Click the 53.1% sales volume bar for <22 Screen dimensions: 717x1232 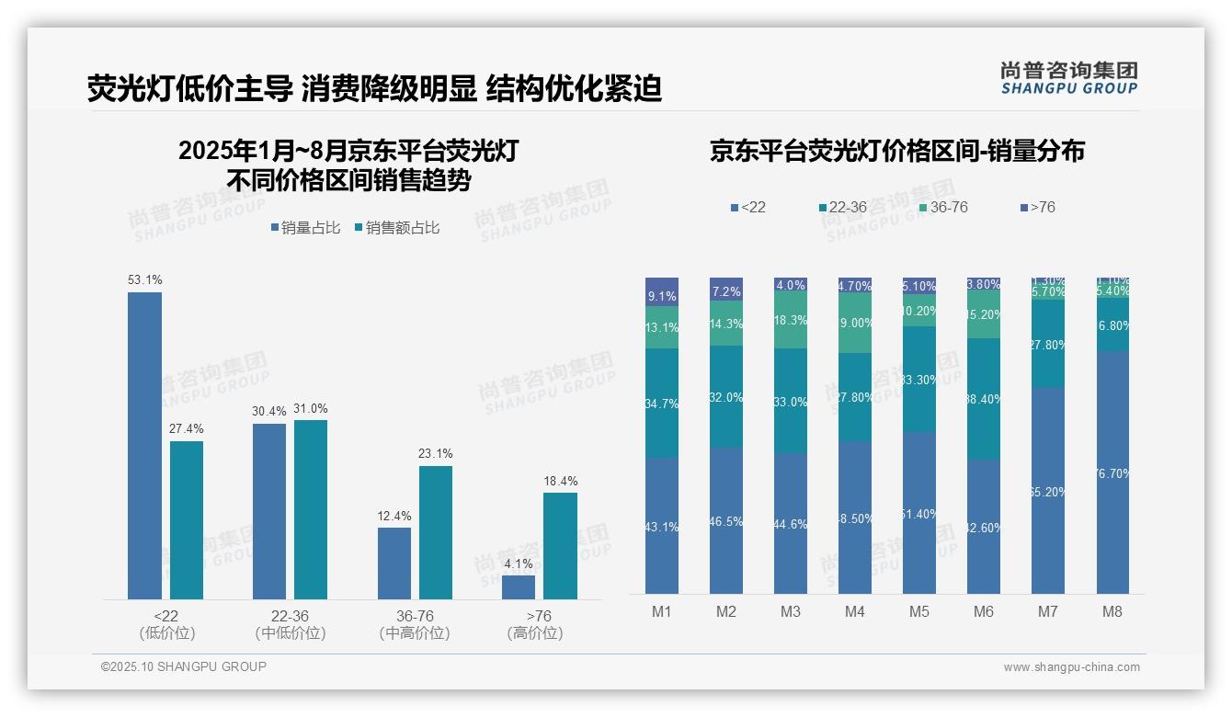pyautogui.click(x=144, y=446)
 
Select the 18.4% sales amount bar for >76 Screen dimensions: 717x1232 pyautogui.click(x=560, y=546)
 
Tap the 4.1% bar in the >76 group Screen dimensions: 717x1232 pyautogui.click(x=519, y=587)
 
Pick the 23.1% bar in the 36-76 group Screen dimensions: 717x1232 pyautogui.click(x=436, y=532)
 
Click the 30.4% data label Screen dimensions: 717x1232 pyautogui.click(x=269, y=411)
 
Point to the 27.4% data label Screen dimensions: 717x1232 pyautogui.click(x=187, y=428)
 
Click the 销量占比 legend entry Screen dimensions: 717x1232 pyautogui.click(x=307, y=228)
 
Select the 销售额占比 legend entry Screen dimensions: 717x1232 pyautogui.click(x=396, y=228)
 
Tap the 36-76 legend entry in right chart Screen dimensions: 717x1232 pyautogui.click(x=942, y=208)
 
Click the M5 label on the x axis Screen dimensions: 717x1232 pyautogui.click(x=919, y=611)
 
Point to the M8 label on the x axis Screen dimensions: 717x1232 pyautogui.click(x=1112, y=611)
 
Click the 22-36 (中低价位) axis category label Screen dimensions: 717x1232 pyautogui.click(x=291, y=624)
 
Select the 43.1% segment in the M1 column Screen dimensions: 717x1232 pyautogui.click(x=662, y=526)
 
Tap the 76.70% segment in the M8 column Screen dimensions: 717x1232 pyautogui.click(x=1112, y=472)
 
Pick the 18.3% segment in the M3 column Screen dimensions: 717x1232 pyautogui.click(x=791, y=320)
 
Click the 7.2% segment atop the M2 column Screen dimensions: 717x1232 pyautogui.click(x=726, y=289)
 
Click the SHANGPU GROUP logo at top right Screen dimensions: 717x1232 pyautogui.click(x=1068, y=77)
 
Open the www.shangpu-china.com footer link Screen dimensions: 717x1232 pyautogui.click(x=1071, y=667)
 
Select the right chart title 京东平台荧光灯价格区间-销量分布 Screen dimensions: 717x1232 pyautogui.click(x=896, y=151)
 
